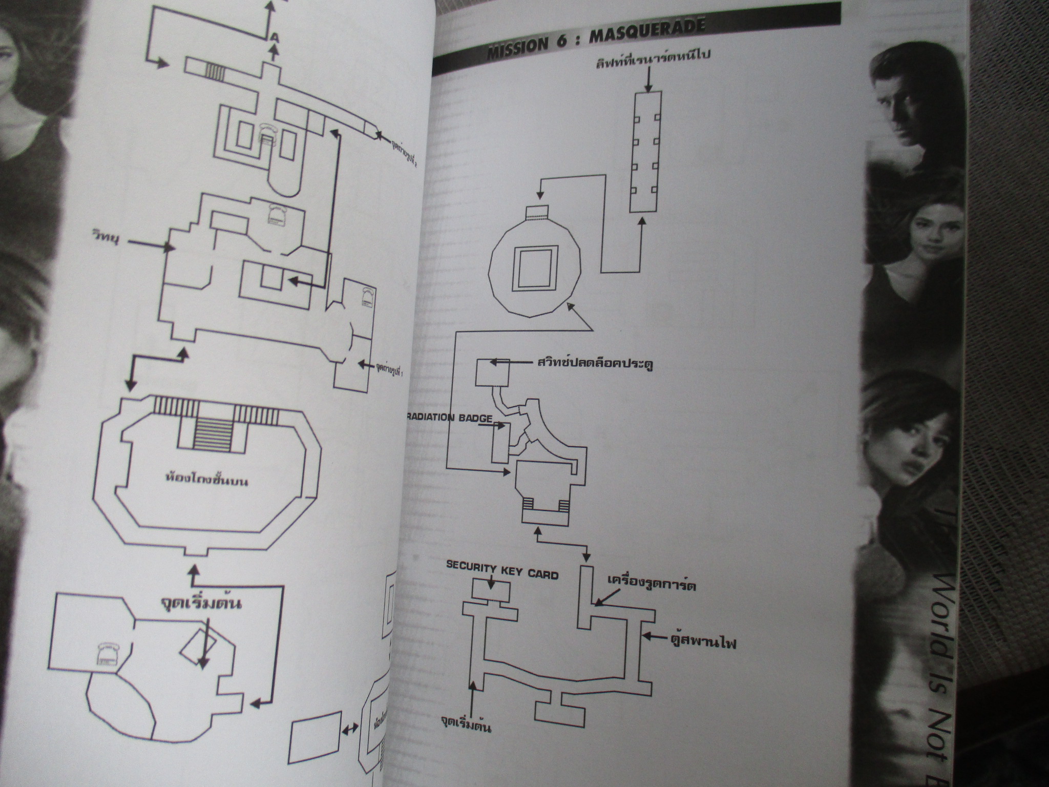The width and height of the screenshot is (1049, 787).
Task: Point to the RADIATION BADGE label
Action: [x=451, y=417]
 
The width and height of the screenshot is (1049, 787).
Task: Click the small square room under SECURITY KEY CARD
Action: [x=491, y=589]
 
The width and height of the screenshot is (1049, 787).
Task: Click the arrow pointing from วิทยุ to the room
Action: [x=149, y=246]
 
